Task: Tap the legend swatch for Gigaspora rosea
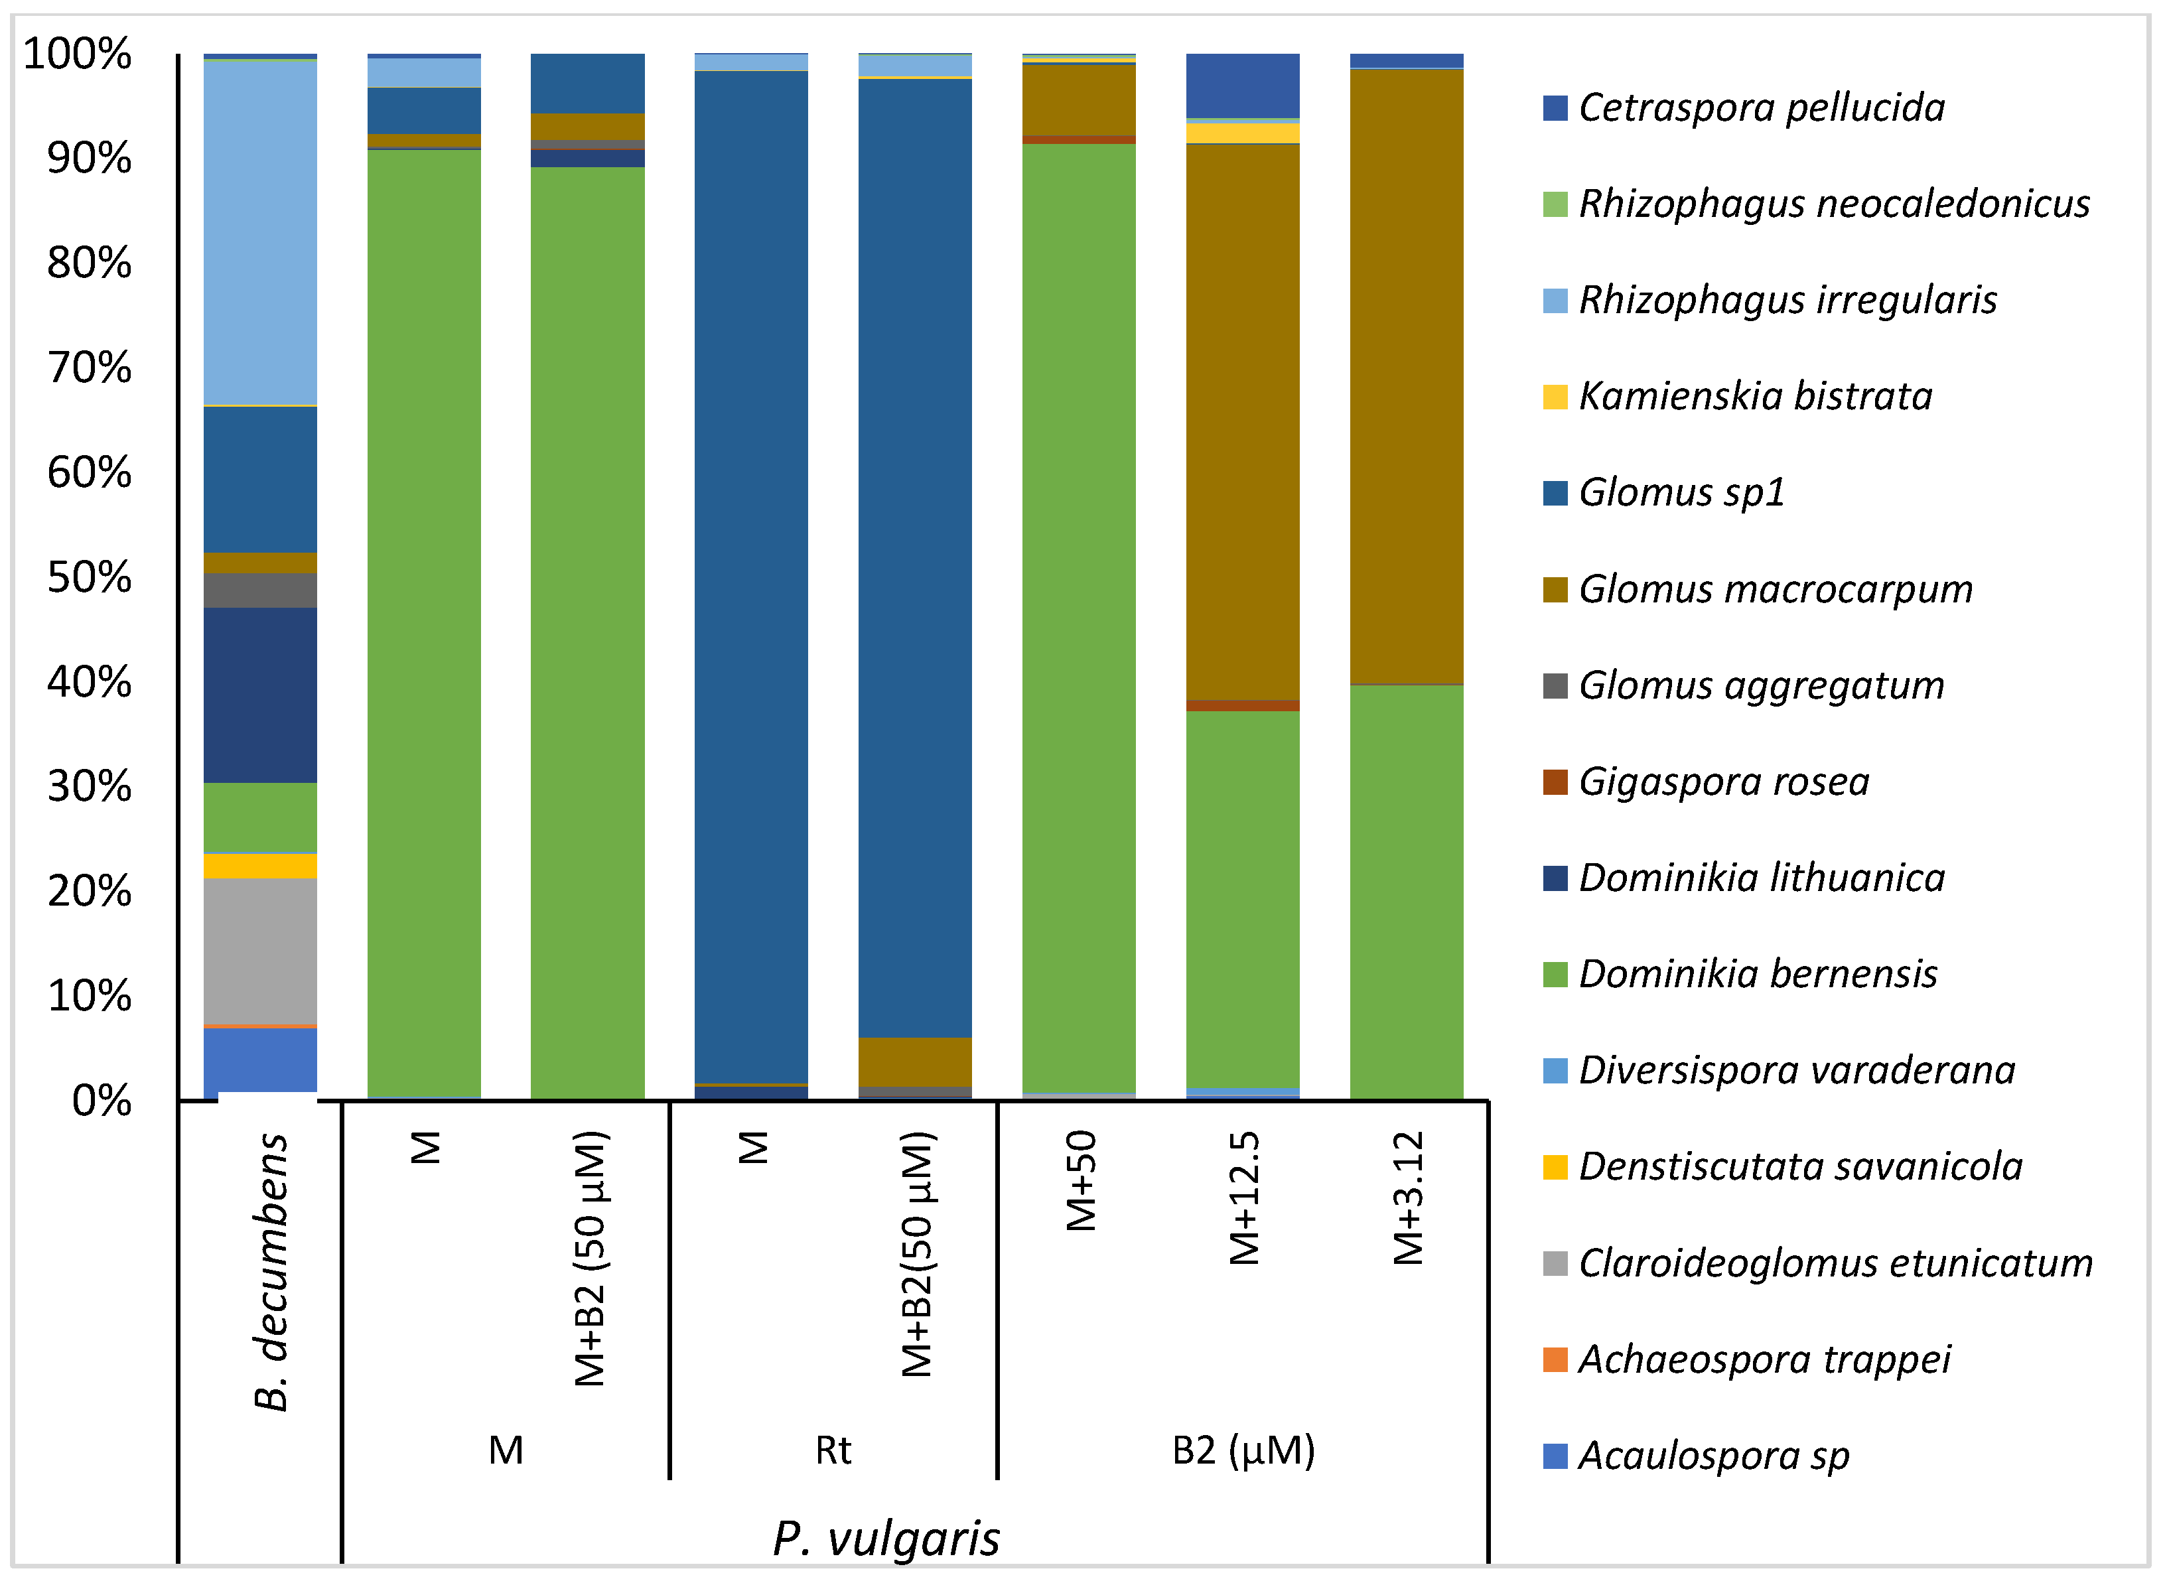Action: tap(1554, 782)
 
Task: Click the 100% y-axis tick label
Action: tap(77, 54)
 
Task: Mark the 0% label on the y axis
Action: tap(101, 1101)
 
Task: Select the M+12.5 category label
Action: tap(1244, 1198)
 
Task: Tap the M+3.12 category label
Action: tap(1407, 1198)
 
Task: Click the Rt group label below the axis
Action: tap(833, 1450)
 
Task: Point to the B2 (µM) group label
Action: tap(1243, 1450)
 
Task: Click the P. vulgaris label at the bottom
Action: tap(886, 1539)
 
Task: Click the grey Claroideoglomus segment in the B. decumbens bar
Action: tap(260, 951)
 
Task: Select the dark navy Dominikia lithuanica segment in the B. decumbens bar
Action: tap(260, 695)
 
